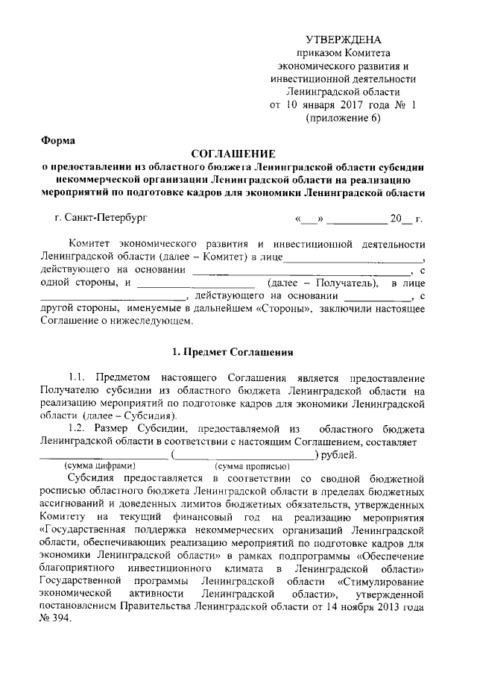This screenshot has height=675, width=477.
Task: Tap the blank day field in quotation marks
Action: point(309,219)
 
